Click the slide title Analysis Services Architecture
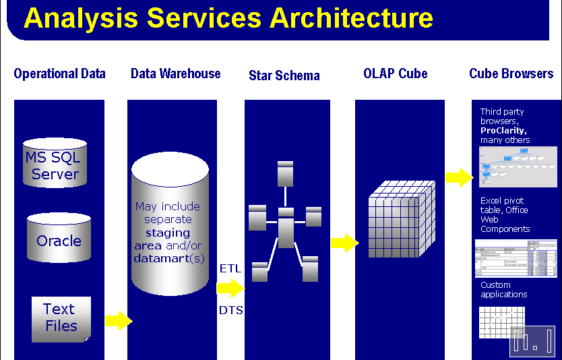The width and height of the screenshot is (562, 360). (x=228, y=18)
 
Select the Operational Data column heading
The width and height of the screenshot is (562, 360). (x=59, y=73)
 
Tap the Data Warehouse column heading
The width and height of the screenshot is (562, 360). (x=175, y=73)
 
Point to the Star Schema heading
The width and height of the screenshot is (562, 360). (x=284, y=75)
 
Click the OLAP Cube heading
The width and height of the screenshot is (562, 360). (x=395, y=73)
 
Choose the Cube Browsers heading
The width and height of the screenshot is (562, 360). (x=511, y=73)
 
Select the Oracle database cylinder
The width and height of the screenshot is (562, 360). (x=59, y=238)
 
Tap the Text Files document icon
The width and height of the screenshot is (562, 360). (x=61, y=318)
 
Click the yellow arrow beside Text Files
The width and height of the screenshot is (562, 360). (x=119, y=321)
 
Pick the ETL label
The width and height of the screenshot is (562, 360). (x=230, y=269)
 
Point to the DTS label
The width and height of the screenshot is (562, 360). (x=230, y=310)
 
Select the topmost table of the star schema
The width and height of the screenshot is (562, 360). (x=285, y=173)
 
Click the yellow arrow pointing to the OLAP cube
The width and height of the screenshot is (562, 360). (x=344, y=243)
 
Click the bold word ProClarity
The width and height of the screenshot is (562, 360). (x=503, y=130)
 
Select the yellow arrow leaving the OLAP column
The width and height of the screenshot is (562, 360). (x=458, y=177)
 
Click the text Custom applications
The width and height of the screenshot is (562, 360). (x=503, y=290)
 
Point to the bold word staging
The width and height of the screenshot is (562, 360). (x=168, y=233)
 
